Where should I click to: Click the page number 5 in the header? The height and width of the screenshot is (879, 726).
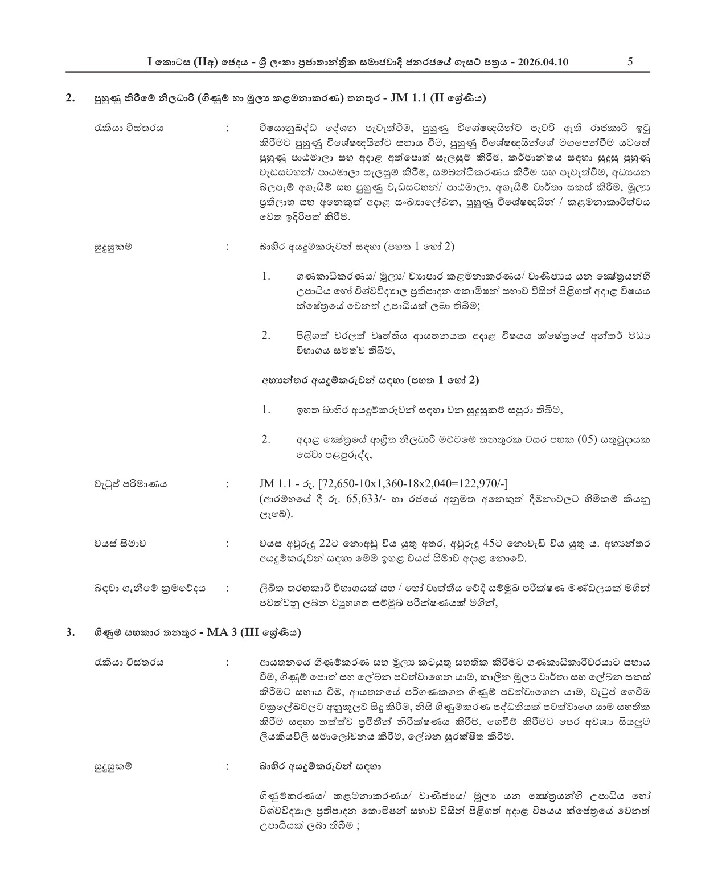[630, 62]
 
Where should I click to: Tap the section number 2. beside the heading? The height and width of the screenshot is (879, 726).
[70, 98]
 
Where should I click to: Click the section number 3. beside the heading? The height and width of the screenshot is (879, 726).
[70, 632]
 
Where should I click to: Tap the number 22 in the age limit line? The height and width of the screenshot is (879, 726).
[325, 543]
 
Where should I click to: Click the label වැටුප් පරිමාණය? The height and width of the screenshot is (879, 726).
[130, 484]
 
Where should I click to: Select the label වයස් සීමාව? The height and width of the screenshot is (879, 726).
[120, 544]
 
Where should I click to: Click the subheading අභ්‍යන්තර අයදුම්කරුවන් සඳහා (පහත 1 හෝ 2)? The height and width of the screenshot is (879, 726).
[370, 380]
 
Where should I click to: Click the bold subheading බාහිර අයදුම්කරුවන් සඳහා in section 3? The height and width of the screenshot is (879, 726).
[320, 766]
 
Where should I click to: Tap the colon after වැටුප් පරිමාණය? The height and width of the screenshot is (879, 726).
[228, 484]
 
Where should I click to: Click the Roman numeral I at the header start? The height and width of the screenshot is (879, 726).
[149, 63]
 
